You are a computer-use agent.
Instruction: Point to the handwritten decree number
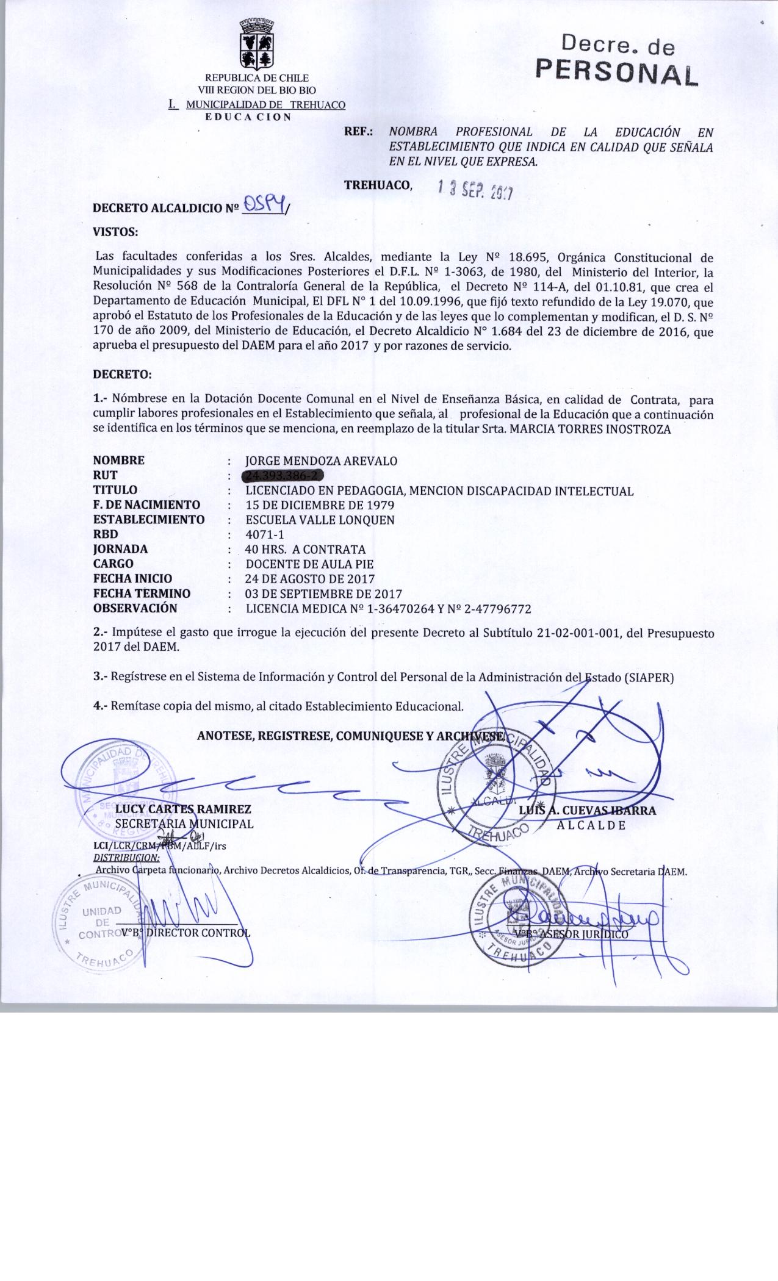click(264, 206)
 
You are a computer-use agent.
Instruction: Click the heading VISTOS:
click(115, 232)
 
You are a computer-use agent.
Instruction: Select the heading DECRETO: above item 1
click(121, 373)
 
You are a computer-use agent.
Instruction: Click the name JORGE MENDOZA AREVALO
click(321, 461)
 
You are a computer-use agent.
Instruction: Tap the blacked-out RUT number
click(283, 476)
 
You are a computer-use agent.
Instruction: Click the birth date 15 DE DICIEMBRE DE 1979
click(319, 505)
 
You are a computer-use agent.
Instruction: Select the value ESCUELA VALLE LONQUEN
click(320, 520)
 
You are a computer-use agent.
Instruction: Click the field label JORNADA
click(120, 549)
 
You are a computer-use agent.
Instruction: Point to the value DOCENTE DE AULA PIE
click(309, 564)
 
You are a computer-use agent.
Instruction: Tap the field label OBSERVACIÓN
click(135, 608)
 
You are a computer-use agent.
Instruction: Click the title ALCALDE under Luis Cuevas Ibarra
click(591, 825)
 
